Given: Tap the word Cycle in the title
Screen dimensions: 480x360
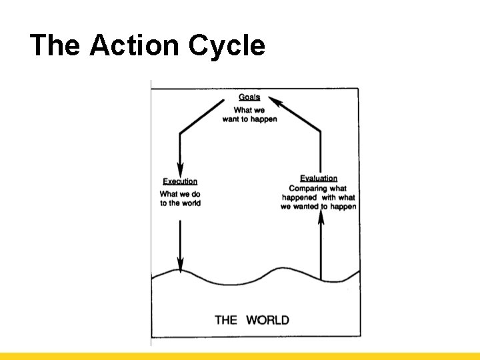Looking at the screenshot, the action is coord(227,45).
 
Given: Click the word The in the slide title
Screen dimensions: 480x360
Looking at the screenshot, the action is coord(55,45).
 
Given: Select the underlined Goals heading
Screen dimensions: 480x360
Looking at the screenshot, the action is coord(249,97).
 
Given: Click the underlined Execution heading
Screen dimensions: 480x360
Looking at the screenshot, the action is coord(180,181).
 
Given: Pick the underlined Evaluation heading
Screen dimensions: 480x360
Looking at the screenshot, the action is coord(319,179).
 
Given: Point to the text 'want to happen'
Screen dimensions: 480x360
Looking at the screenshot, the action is coord(249,119).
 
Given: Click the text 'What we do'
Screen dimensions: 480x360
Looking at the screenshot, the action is coord(180,194).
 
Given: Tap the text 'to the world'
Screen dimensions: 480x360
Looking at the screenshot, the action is coord(180,203).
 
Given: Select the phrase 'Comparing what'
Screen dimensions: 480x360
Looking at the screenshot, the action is coord(318,189).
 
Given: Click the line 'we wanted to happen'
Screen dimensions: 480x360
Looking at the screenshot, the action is coord(319,207).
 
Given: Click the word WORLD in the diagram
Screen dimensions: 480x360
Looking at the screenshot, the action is coord(267,320).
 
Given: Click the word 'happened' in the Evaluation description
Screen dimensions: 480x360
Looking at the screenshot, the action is coord(299,197).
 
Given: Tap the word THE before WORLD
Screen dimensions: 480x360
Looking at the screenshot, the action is coord(226,320).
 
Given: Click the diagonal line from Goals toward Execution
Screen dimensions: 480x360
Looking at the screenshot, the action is coord(202,118).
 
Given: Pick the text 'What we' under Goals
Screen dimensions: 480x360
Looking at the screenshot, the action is coord(249,110).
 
